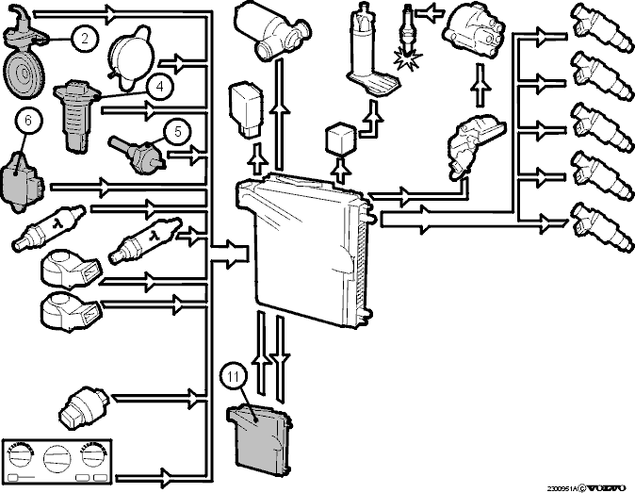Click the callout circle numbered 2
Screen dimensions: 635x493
coord(84,39)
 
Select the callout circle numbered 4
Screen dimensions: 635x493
coord(160,87)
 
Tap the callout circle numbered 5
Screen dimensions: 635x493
coord(178,132)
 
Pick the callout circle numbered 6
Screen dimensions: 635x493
coord(28,121)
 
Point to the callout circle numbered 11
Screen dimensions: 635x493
coord(234,377)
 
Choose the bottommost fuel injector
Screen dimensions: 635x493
coord(601,227)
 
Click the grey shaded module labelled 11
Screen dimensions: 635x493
coord(259,439)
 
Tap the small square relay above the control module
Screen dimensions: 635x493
coord(341,140)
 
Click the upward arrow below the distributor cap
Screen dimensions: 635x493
coord(481,86)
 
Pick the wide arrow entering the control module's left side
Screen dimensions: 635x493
coord(229,254)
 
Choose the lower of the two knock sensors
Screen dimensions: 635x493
coord(70,311)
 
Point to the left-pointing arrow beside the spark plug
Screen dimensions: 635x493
coord(430,13)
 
